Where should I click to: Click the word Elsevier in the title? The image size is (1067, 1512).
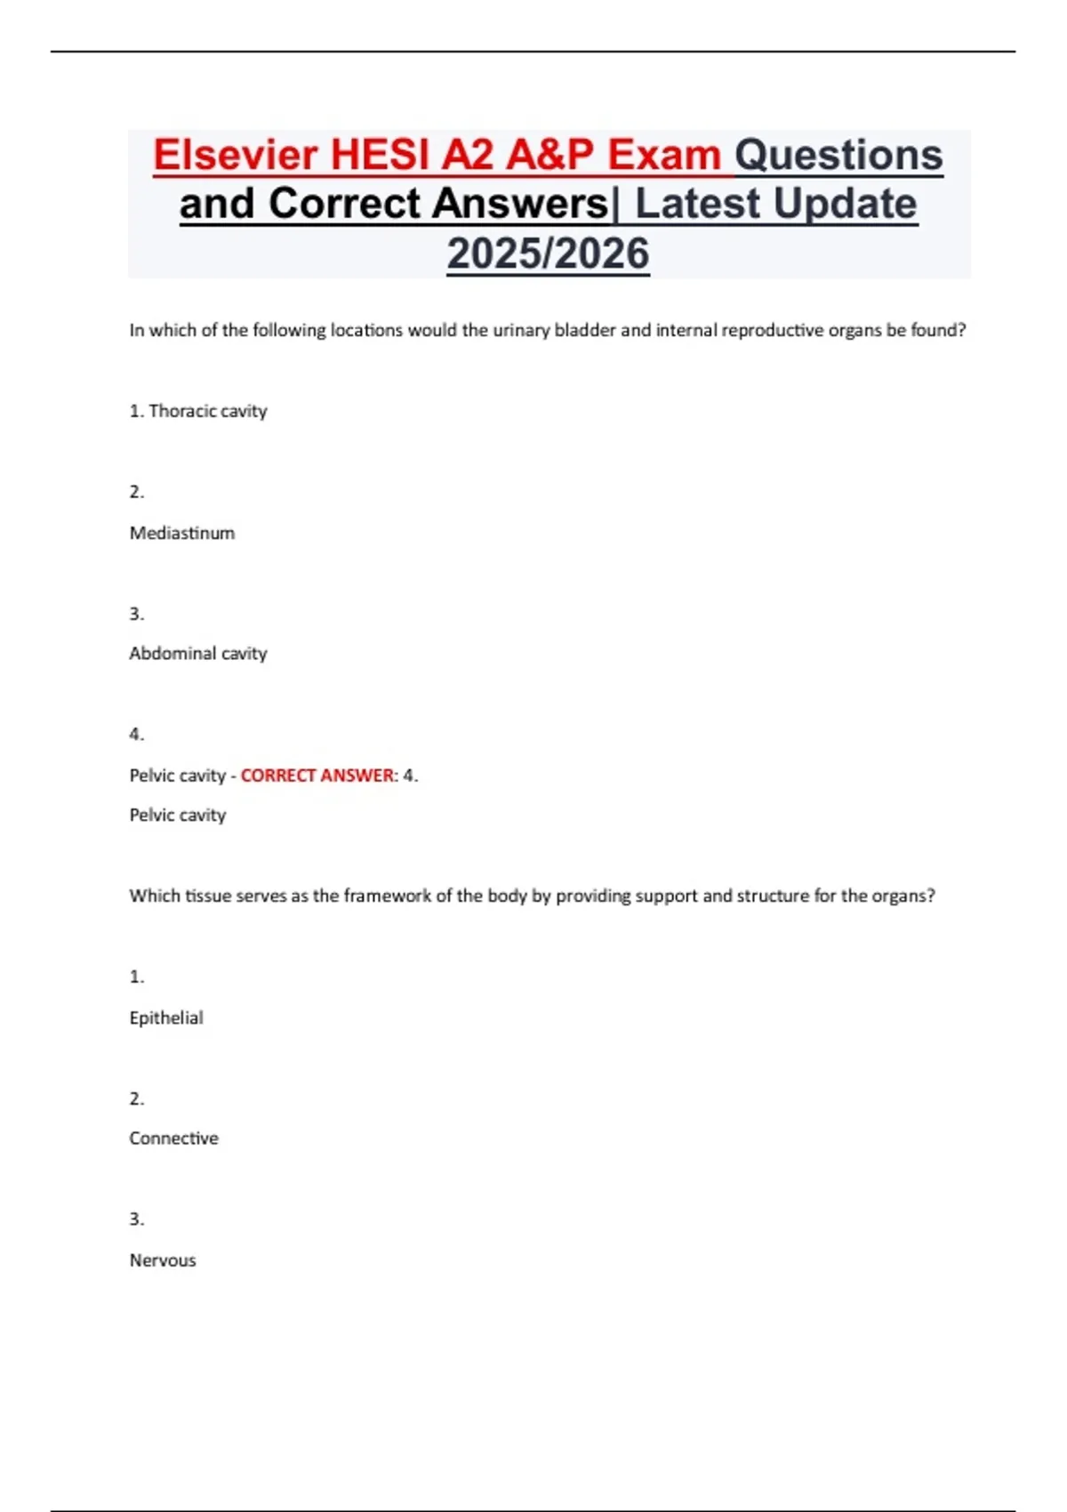pyautogui.click(x=235, y=155)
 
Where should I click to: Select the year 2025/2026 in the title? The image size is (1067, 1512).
pyautogui.click(x=548, y=253)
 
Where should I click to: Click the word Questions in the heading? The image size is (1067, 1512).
pyautogui.click(x=838, y=155)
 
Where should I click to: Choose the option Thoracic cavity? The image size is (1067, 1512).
pyautogui.click(x=207, y=411)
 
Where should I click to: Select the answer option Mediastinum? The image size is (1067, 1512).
pyautogui.click(x=182, y=533)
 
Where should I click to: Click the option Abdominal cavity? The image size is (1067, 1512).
pyautogui.click(x=197, y=654)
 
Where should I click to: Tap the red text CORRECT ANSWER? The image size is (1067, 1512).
pyautogui.click(x=317, y=776)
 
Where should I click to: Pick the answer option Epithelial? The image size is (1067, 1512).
pyautogui.click(x=166, y=1017)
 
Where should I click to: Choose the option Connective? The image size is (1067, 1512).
pyautogui.click(x=173, y=1138)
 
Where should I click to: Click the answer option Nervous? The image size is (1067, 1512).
pyautogui.click(x=163, y=1260)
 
